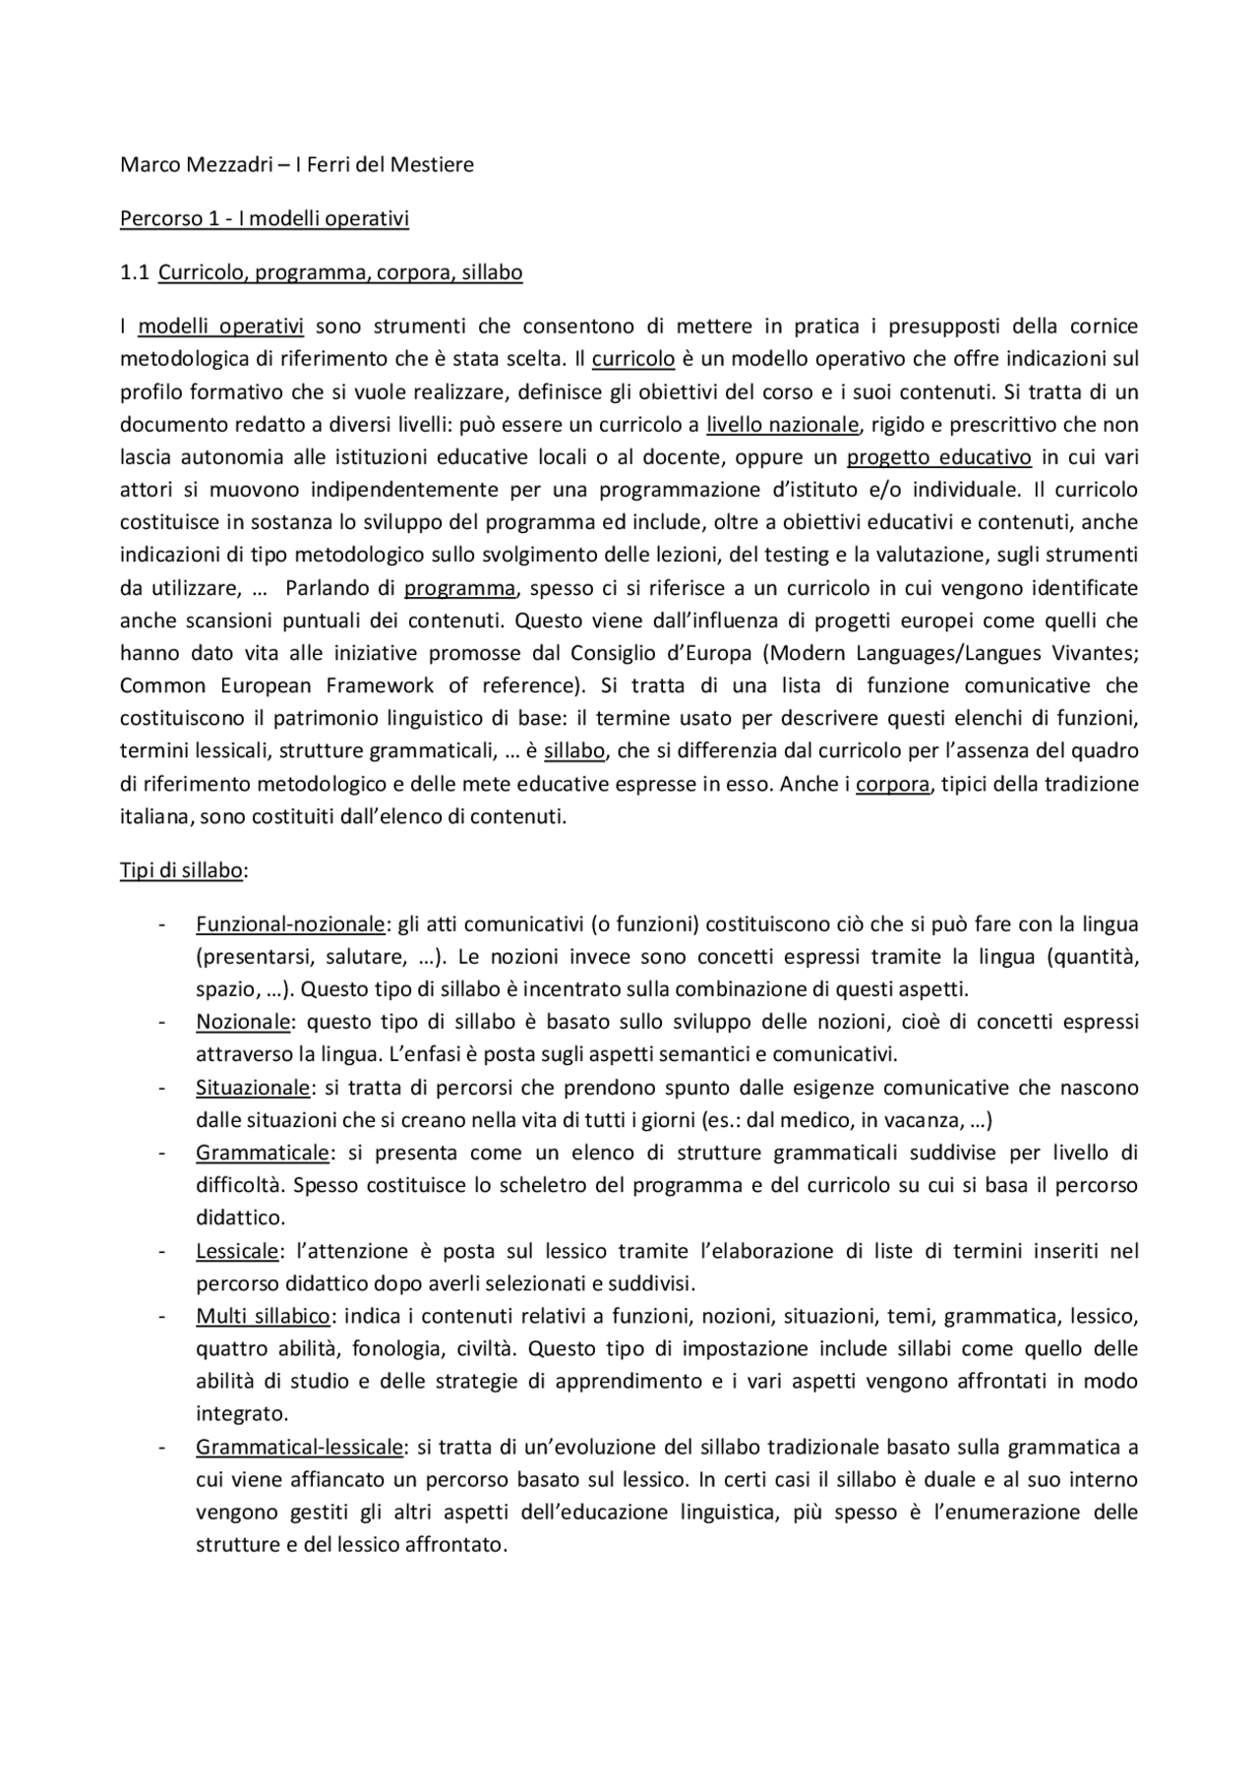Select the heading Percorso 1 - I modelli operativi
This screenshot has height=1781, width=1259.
coord(264,218)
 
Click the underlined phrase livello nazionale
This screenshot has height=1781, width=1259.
coord(783,425)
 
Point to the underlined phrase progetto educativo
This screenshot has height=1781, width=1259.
coord(938,457)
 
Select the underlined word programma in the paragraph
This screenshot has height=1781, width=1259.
coord(459,588)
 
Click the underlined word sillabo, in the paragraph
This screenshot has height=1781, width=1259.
coord(574,751)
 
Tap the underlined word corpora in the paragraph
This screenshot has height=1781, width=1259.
coord(892,785)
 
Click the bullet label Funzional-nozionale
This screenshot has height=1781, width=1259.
coord(290,924)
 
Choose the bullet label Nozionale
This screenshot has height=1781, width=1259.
coord(243,1022)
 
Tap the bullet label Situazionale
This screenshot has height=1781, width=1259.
coord(253,1088)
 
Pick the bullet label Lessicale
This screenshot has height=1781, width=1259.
coord(237,1251)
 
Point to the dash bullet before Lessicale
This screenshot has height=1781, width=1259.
coord(160,1251)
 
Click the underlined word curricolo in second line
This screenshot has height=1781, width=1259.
coord(632,359)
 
